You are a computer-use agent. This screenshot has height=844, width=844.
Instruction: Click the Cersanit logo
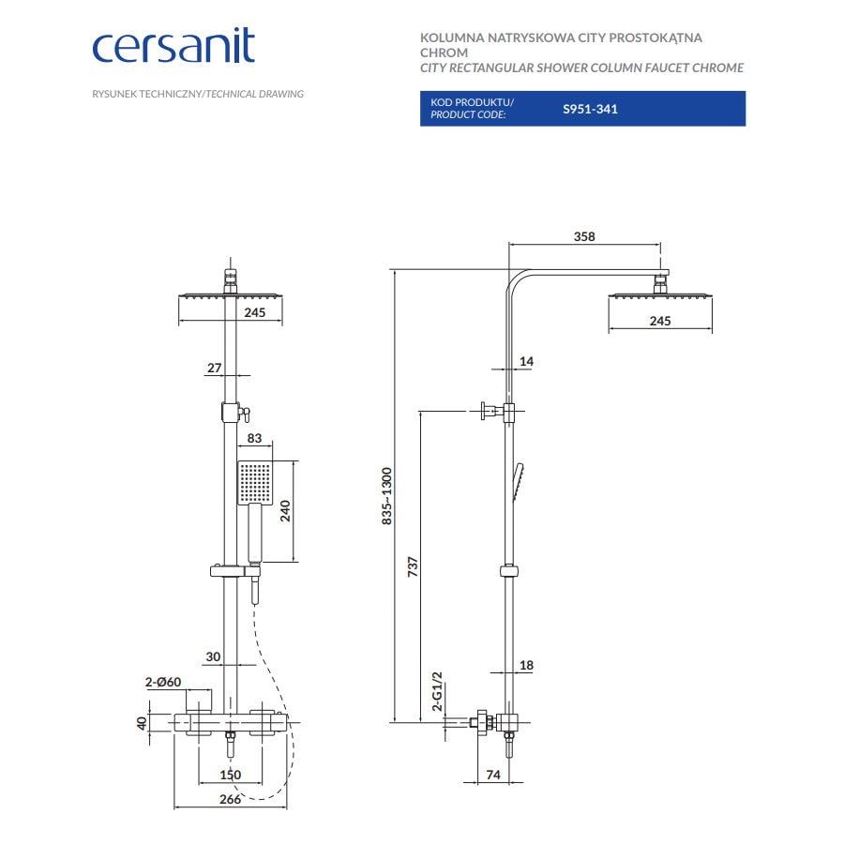coord(173,46)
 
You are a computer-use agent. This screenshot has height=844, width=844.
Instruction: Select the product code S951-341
coord(590,109)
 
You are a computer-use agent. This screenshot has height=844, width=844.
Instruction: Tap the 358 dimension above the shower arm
coord(583,237)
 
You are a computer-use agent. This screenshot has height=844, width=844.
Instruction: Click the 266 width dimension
coord(230,799)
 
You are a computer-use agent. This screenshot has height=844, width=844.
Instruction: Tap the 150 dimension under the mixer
coord(230,775)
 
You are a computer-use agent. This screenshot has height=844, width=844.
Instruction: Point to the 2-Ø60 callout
coord(162,682)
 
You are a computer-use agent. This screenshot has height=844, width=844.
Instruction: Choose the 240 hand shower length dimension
coord(285,510)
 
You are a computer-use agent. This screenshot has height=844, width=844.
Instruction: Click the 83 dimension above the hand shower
coord(254,438)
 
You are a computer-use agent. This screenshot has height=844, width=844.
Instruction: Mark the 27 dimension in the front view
coord(214,369)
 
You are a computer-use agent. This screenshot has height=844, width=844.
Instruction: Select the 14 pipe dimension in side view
coord(525,361)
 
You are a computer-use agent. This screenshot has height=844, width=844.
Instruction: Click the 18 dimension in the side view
coord(525,665)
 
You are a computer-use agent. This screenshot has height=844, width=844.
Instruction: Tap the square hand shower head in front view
coord(254,482)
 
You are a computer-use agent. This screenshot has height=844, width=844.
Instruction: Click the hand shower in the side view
coord(519,480)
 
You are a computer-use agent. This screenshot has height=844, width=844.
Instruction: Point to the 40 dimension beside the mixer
coord(142,723)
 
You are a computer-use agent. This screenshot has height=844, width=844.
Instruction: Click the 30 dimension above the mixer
coord(214,656)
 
